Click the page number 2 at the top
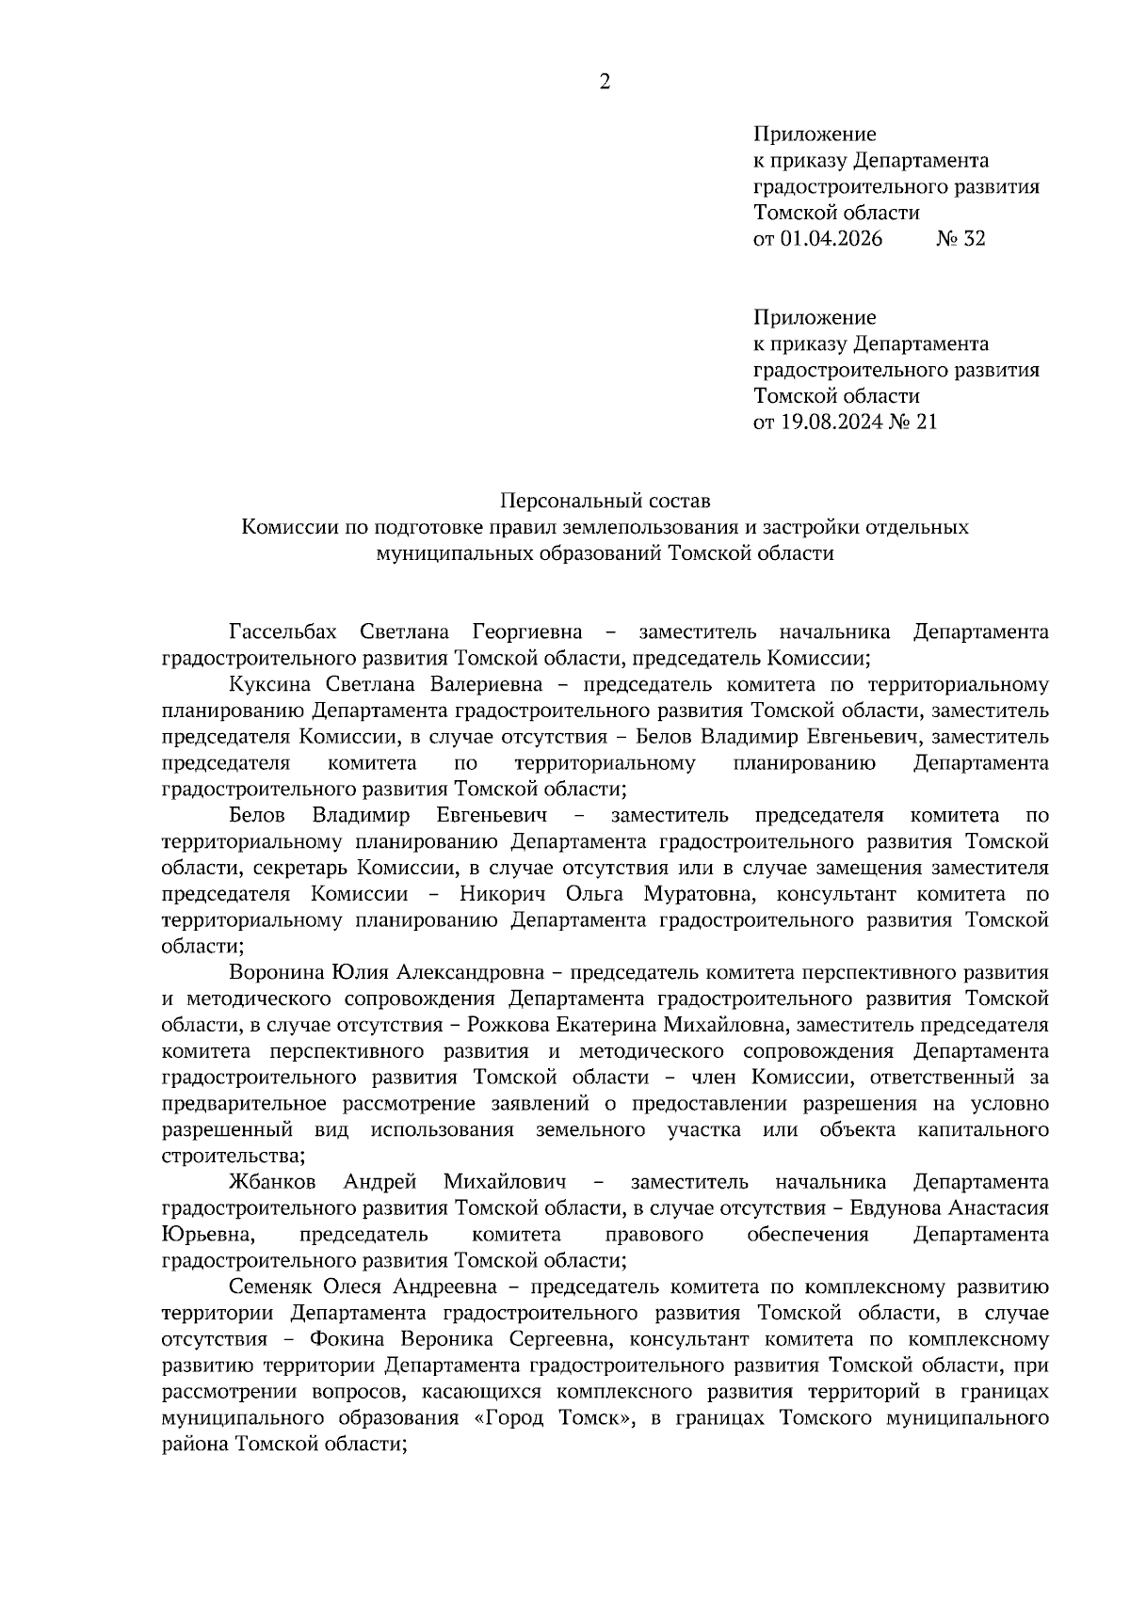[605, 83]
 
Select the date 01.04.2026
[831, 239]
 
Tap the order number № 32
[960, 239]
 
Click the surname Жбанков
[271, 1181]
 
